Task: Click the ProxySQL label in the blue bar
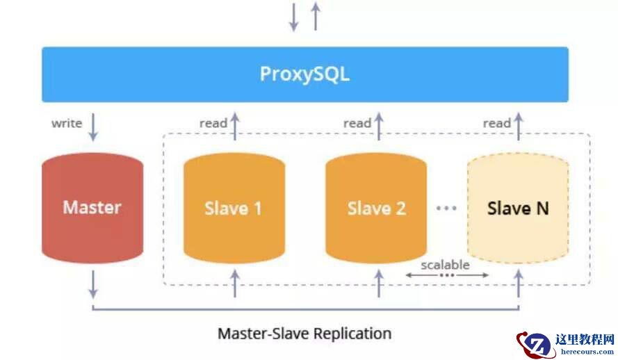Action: pyautogui.click(x=304, y=74)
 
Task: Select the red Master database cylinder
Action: pyautogui.click(x=92, y=206)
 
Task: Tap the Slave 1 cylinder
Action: pyautogui.click(x=234, y=207)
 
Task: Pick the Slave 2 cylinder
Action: pyautogui.click(x=376, y=207)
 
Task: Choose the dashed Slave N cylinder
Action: pyautogui.click(x=518, y=207)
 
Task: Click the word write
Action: pyautogui.click(x=67, y=124)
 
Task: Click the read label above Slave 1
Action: pyautogui.click(x=213, y=123)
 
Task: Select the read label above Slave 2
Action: pyautogui.click(x=357, y=123)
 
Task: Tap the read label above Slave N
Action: pyautogui.click(x=497, y=123)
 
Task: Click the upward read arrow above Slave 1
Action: pyautogui.click(x=235, y=125)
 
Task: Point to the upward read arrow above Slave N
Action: pyautogui.click(x=519, y=125)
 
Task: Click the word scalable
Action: pyautogui.click(x=445, y=264)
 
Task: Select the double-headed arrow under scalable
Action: pyautogui.click(x=446, y=275)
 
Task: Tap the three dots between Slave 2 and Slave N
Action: pyautogui.click(x=446, y=207)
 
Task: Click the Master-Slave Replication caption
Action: pyautogui.click(x=304, y=333)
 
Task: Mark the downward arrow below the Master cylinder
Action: pyautogui.click(x=93, y=284)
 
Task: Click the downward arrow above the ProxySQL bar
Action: pyautogui.click(x=294, y=17)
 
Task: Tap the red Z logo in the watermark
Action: pyautogui.click(x=535, y=344)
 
